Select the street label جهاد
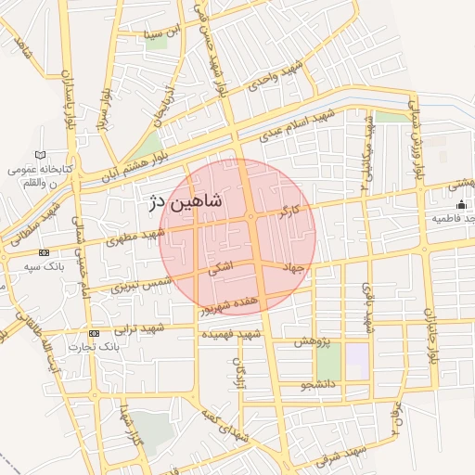[293, 267]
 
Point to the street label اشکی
[223, 269]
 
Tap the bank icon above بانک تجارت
[94, 333]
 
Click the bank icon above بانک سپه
[44, 252]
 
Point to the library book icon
[38, 155]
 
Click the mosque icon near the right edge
[461, 205]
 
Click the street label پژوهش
[313, 342]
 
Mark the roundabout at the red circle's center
[250, 218]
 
